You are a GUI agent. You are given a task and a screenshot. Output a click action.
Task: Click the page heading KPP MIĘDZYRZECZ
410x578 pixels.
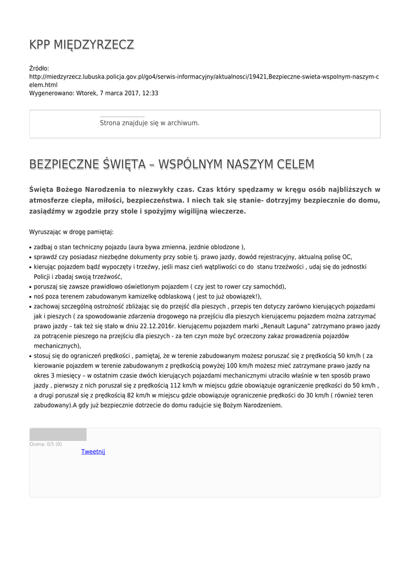click(x=81, y=45)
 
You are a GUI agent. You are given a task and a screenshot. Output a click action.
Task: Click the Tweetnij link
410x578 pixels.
click(x=93, y=452)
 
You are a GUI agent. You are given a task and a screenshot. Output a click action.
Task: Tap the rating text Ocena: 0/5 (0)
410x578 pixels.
click(x=46, y=444)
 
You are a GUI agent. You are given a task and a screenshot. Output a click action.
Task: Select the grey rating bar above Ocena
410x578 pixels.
click(x=58, y=434)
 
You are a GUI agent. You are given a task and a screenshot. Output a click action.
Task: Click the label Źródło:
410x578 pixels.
click(x=39, y=68)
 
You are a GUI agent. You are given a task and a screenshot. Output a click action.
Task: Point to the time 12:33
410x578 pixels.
click(x=150, y=93)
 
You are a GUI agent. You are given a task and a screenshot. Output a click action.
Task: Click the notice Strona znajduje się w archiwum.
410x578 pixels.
click(x=149, y=122)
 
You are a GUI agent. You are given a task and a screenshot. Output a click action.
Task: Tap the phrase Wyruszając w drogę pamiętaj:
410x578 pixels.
click(x=71, y=231)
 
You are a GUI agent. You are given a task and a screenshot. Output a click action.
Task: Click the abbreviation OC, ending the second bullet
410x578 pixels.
click(x=347, y=257)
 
